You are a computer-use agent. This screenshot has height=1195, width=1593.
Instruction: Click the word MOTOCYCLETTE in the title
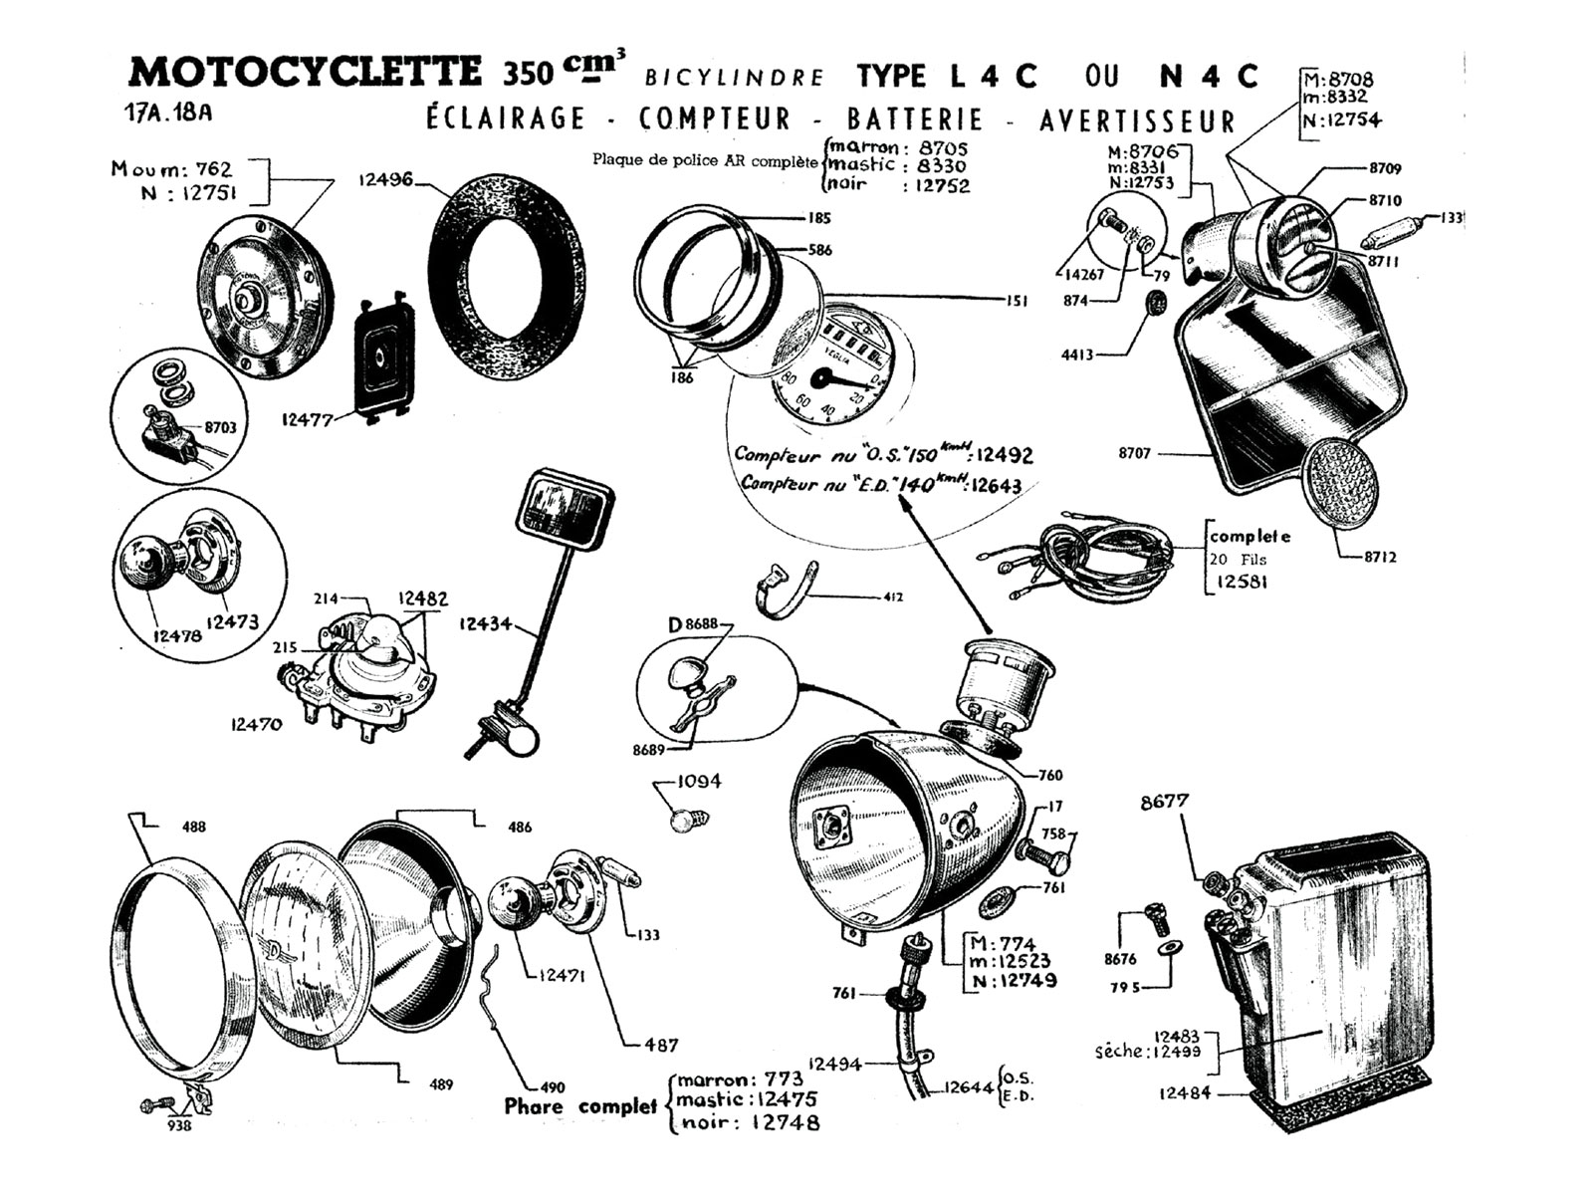click(305, 72)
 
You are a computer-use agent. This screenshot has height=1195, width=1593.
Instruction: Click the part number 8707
click(1134, 453)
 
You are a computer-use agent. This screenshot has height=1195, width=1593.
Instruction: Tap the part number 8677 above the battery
click(1164, 801)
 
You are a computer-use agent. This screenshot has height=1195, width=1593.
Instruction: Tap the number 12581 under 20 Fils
click(1241, 581)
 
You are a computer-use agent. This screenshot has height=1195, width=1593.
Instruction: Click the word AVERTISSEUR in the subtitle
click(1137, 120)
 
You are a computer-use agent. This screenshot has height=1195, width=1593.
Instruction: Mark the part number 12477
click(307, 419)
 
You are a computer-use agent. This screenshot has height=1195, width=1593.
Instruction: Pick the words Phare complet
click(580, 1105)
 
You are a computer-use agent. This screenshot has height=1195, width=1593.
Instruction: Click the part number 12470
click(256, 724)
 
